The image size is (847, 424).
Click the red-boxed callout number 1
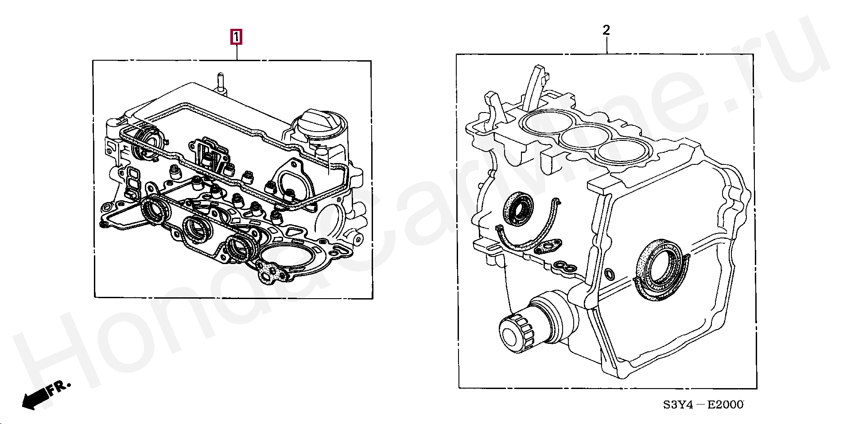[x=236, y=37]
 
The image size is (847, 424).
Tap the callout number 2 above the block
[x=606, y=30]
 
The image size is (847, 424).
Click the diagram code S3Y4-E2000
[x=703, y=405]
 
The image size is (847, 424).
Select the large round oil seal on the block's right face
[x=660, y=270]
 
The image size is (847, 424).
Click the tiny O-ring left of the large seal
[x=609, y=274]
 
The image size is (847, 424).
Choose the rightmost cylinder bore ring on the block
[x=622, y=151]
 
